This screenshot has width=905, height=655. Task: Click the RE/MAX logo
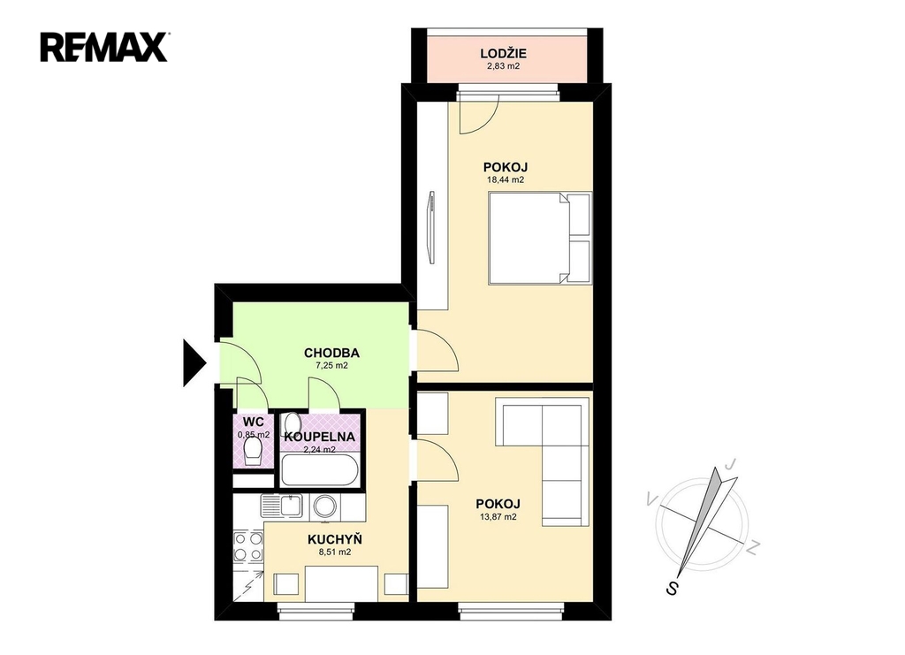coord(104,48)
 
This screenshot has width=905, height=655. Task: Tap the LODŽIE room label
coord(503,54)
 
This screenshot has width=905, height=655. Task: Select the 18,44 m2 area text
coord(506,180)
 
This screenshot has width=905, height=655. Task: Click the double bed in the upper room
coord(540,239)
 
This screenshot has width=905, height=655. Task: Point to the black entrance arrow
coord(194,363)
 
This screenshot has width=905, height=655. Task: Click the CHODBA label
coord(332,353)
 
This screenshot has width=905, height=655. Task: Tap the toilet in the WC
coord(253,452)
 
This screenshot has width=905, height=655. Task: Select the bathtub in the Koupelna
coord(320,469)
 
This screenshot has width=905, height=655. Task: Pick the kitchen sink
coord(282,506)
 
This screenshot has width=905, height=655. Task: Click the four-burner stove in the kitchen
coord(247,546)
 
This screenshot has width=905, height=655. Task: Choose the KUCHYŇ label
coord(335,539)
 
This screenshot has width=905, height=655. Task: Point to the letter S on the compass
coord(672,588)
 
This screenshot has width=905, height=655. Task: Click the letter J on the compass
coord(731,463)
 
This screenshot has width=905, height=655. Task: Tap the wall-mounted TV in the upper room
coord(430,229)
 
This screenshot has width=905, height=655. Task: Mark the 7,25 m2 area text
coord(331,366)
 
